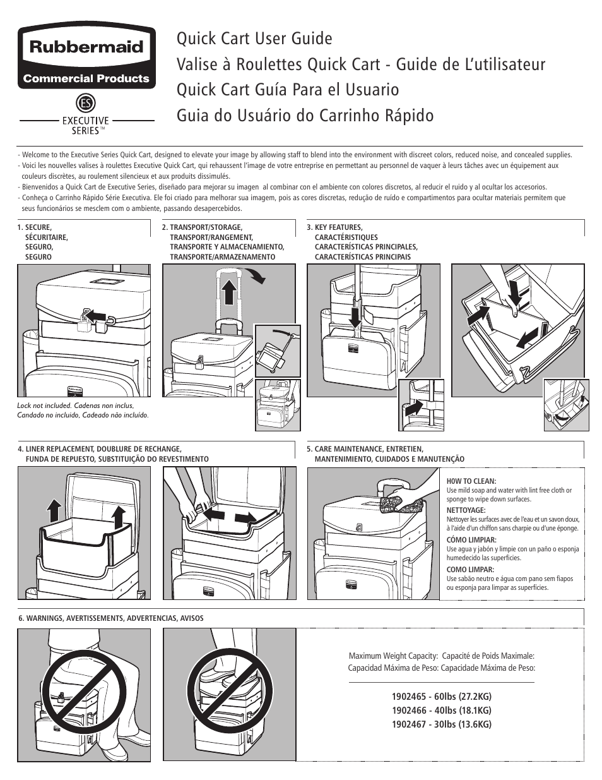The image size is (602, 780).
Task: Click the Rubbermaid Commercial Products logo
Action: (86, 58)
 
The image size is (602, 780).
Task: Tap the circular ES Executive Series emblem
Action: (86, 104)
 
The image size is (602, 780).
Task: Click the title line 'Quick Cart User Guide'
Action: (254, 39)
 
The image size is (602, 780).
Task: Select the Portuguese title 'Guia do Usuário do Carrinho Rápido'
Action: (305, 116)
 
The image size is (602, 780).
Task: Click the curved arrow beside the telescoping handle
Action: (256, 275)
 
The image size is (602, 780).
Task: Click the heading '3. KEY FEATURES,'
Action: (334, 227)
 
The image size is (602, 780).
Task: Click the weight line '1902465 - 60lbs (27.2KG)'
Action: (441, 697)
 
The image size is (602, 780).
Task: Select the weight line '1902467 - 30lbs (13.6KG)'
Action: (441, 724)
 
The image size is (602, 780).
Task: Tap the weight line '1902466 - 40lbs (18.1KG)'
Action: (441, 711)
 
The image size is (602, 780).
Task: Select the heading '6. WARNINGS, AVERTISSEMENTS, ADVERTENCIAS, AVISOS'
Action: (111, 618)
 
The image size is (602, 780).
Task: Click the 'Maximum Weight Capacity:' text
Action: (393, 656)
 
